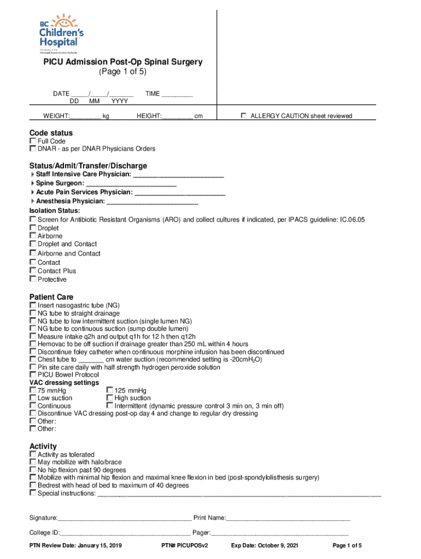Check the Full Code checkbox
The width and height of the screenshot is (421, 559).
pyautogui.click(x=33, y=141)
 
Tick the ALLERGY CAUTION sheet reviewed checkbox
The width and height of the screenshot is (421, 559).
pyautogui.click(x=245, y=116)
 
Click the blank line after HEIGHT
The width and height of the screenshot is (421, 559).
pyautogui.click(x=177, y=116)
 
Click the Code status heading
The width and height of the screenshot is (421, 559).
pyautogui.click(x=51, y=133)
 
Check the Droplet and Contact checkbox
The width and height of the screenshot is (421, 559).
pyautogui.click(x=33, y=244)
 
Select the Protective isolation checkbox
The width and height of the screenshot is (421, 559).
pyautogui.click(x=33, y=279)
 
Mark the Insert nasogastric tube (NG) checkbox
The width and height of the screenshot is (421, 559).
pyautogui.click(x=33, y=305)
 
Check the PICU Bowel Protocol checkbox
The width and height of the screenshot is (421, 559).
pyautogui.click(x=33, y=375)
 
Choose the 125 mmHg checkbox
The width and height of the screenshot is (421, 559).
pyautogui.click(x=109, y=390)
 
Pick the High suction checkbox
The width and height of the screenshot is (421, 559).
pyautogui.click(x=109, y=398)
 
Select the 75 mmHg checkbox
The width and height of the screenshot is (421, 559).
pyautogui.click(x=33, y=390)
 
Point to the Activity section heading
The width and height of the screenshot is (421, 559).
pyautogui.click(x=43, y=447)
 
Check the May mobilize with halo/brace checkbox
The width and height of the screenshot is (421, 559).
pyautogui.click(x=33, y=462)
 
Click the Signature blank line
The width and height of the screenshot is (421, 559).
pyautogui.click(x=124, y=518)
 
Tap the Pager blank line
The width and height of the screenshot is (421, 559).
pyautogui.click(x=279, y=533)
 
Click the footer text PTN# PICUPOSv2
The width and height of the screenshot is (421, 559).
pyautogui.click(x=185, y=546)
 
